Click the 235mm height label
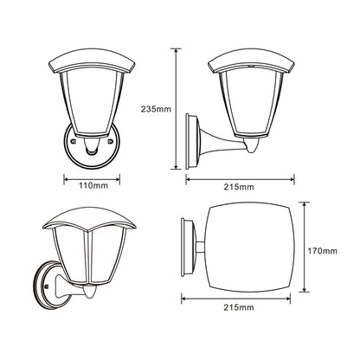[156, 109]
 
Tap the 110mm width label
[93, 185]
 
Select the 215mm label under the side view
[239, 187]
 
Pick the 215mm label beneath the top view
[239, 307]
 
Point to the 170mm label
[322, 251]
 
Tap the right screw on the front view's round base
[110, 141]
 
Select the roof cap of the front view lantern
[92, 61]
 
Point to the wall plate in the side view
[192, 141]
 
